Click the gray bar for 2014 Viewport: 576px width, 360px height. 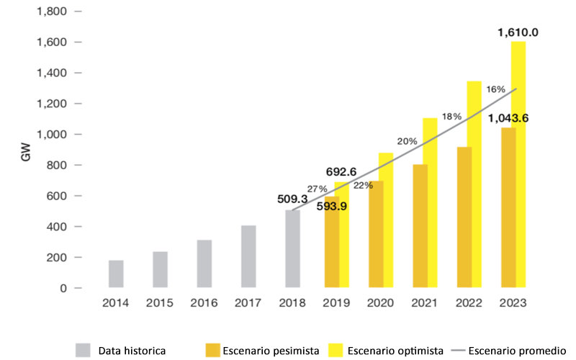coord(116,274)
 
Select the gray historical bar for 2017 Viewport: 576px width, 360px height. coord(248,256)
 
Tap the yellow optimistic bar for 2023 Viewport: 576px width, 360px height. coord(517,166)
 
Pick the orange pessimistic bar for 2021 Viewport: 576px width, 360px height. coord(420,226)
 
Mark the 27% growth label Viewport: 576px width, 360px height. coord(318,188)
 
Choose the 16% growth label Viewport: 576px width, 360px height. coord(495,89)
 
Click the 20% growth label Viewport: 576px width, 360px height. coord(407,141)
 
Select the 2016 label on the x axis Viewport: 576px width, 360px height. coord(204,304)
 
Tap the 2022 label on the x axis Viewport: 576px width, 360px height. coord(468,304)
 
